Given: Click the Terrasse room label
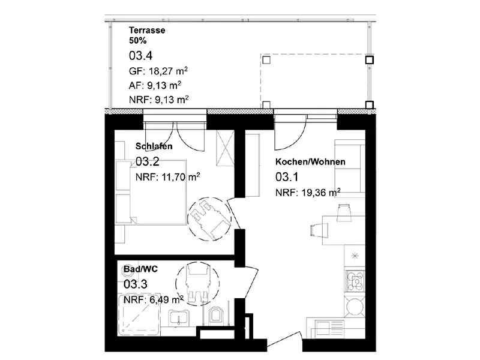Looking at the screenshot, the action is coord(147,31).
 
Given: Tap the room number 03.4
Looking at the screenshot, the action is coord(140,56).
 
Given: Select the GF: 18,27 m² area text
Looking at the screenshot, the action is coord(158,71).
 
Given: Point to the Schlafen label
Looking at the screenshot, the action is coord(154,146).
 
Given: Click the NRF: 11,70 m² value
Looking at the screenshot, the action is coord(168,176).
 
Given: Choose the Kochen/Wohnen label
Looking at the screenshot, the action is coord(310,161).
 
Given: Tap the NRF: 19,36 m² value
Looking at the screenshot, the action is coord(308,192).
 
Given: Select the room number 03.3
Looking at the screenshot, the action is coord(136,284).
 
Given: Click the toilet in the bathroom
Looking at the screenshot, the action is coord(216,317).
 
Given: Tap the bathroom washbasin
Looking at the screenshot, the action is coord(178,317).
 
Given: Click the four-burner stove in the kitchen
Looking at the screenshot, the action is coord(355,281).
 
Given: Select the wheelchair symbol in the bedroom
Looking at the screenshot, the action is coord(209,218).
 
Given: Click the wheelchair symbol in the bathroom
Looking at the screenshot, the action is coord(197,284).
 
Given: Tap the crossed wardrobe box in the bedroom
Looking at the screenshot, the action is coord(226,148).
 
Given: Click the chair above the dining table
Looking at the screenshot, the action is coord(343,212).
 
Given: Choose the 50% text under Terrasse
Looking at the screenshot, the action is coord(138,41).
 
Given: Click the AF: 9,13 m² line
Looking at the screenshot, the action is coord(155,85).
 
